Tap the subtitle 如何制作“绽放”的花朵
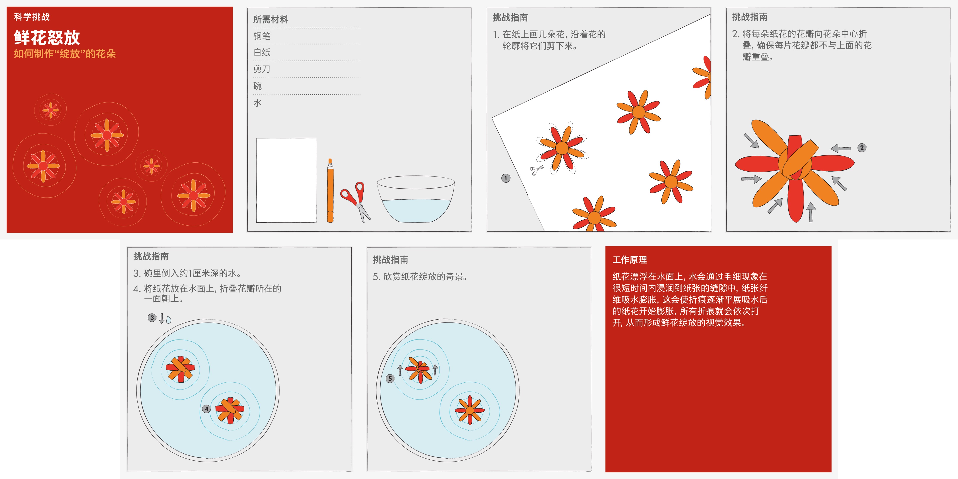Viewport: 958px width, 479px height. [x=65, y=54]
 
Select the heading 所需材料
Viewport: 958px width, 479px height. [x=271, y=19]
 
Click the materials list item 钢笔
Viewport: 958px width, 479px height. [x=262, y=36]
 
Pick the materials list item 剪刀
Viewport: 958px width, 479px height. [x=262, y=69]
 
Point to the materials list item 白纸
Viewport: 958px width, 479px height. [x=262, y=52]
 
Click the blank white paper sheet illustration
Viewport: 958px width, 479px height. [x=286, y=180]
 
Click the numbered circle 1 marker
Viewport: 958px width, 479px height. [x=506, y=178]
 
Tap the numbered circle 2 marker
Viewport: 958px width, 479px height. [x=862, y=148]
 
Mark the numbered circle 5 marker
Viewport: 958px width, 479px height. [x=390, y=379]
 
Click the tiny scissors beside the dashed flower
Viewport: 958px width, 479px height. [x=536, y=170]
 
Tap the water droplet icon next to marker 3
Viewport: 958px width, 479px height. [x=169, y=319]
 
